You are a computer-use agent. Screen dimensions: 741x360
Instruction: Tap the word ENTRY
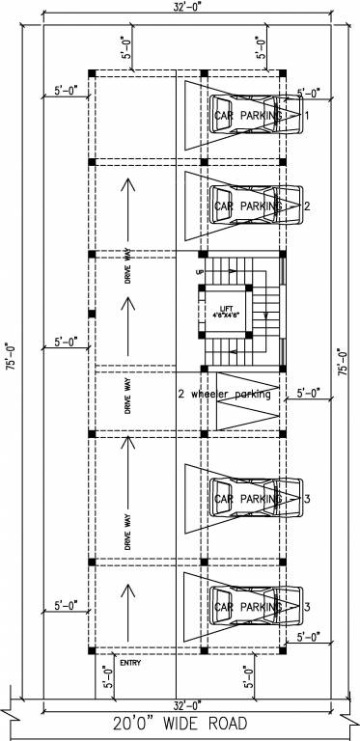129,662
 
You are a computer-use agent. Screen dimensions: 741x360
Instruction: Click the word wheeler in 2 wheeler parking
219,394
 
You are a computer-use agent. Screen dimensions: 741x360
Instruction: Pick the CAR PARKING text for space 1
248,116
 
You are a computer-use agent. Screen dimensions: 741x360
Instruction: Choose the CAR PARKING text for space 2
248,206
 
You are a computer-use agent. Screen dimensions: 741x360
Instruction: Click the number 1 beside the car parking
306,116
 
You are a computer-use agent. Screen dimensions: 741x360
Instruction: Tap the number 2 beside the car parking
306,206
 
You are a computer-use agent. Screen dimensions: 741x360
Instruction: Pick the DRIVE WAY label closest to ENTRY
127,533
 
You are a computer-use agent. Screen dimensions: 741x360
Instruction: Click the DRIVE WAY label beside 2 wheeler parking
127,398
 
